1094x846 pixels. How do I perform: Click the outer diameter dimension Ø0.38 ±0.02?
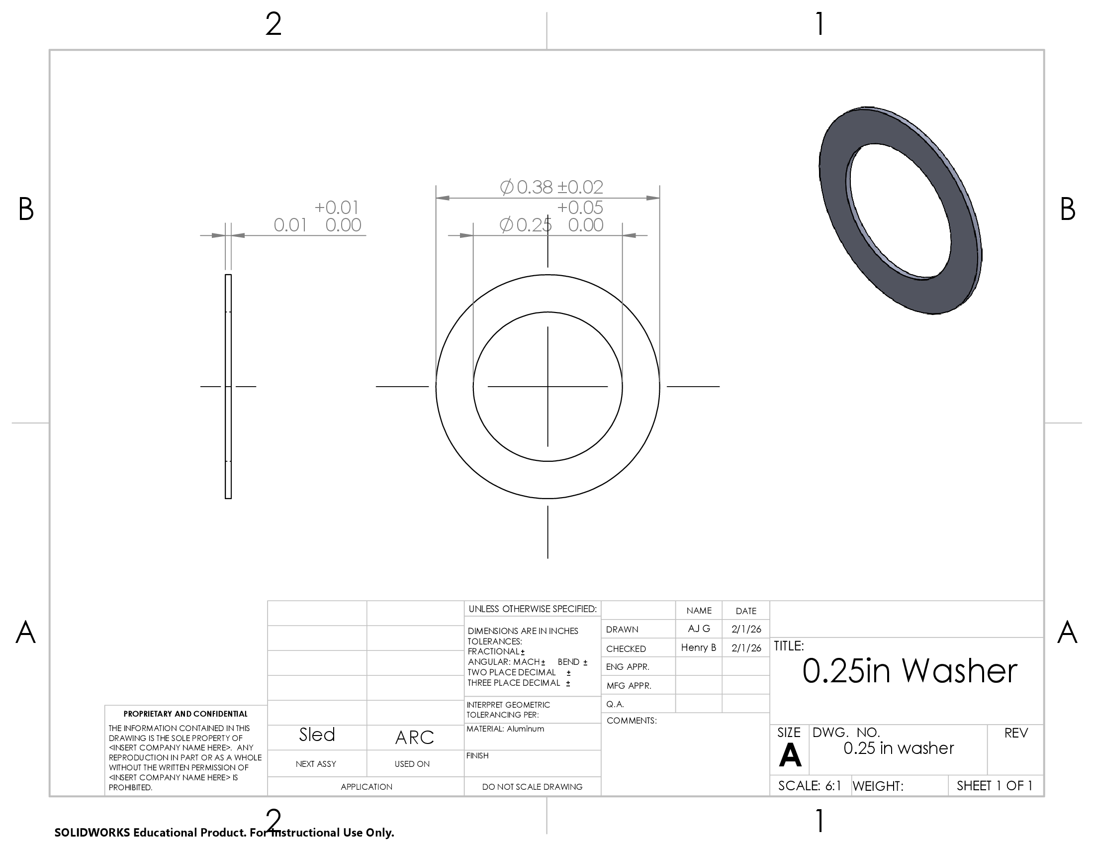(551, 187)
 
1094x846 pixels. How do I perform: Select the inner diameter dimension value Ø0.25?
(526, 225)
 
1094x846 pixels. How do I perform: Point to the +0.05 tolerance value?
(580, 207)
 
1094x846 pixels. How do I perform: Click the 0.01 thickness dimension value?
(290, 225)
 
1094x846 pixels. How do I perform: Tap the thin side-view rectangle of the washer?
(228, 386)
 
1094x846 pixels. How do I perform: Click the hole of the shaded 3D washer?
(899, 211)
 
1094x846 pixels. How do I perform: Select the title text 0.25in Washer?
(910, 671)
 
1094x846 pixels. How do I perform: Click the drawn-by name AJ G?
(699, 629)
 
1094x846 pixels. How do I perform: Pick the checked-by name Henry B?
(698, 647)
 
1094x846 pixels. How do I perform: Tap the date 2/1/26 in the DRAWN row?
(746, 629)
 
